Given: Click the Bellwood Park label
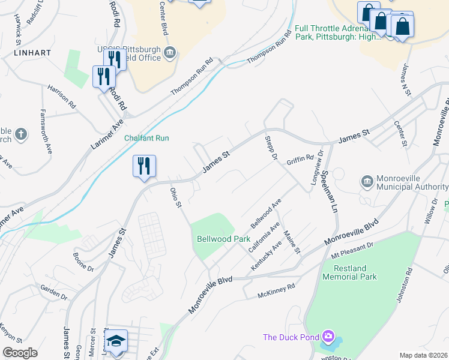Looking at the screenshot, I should [x=223, y=239].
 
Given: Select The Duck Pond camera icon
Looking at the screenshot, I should [x=328, y=337].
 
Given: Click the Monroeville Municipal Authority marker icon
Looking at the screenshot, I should [x=367, y=181].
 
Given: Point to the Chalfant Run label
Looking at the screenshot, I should [x=146, y=138].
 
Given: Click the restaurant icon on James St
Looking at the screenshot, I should [x=144, y=166].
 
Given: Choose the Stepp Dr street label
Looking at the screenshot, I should [x=271, y=148].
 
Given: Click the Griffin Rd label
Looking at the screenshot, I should [x=300, y=160].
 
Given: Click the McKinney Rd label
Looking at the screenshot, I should [x=276, y=291].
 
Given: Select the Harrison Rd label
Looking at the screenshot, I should [x=62, y=96].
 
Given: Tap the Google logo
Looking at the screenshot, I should [x=20, y=353].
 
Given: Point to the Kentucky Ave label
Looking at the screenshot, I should [x=267, y=256].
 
